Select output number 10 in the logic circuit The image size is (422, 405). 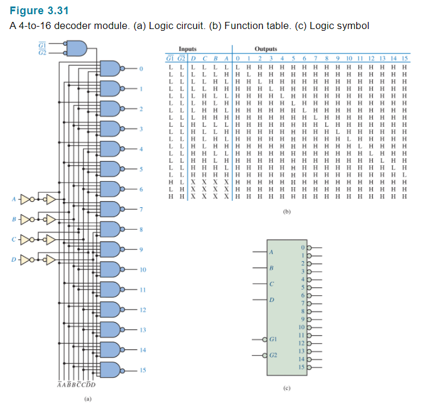point(142,269)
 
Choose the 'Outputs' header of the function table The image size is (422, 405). point(266,49)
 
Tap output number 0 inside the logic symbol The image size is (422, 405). point(302,246)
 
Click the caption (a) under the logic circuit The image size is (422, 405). point(88,399)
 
